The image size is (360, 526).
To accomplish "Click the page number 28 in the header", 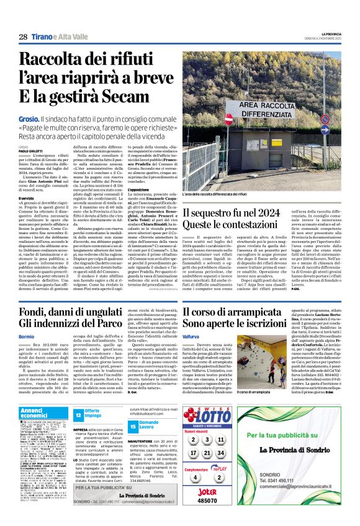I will (x=22, y=37).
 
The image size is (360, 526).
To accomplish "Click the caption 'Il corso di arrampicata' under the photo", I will (x=199, y=392).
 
